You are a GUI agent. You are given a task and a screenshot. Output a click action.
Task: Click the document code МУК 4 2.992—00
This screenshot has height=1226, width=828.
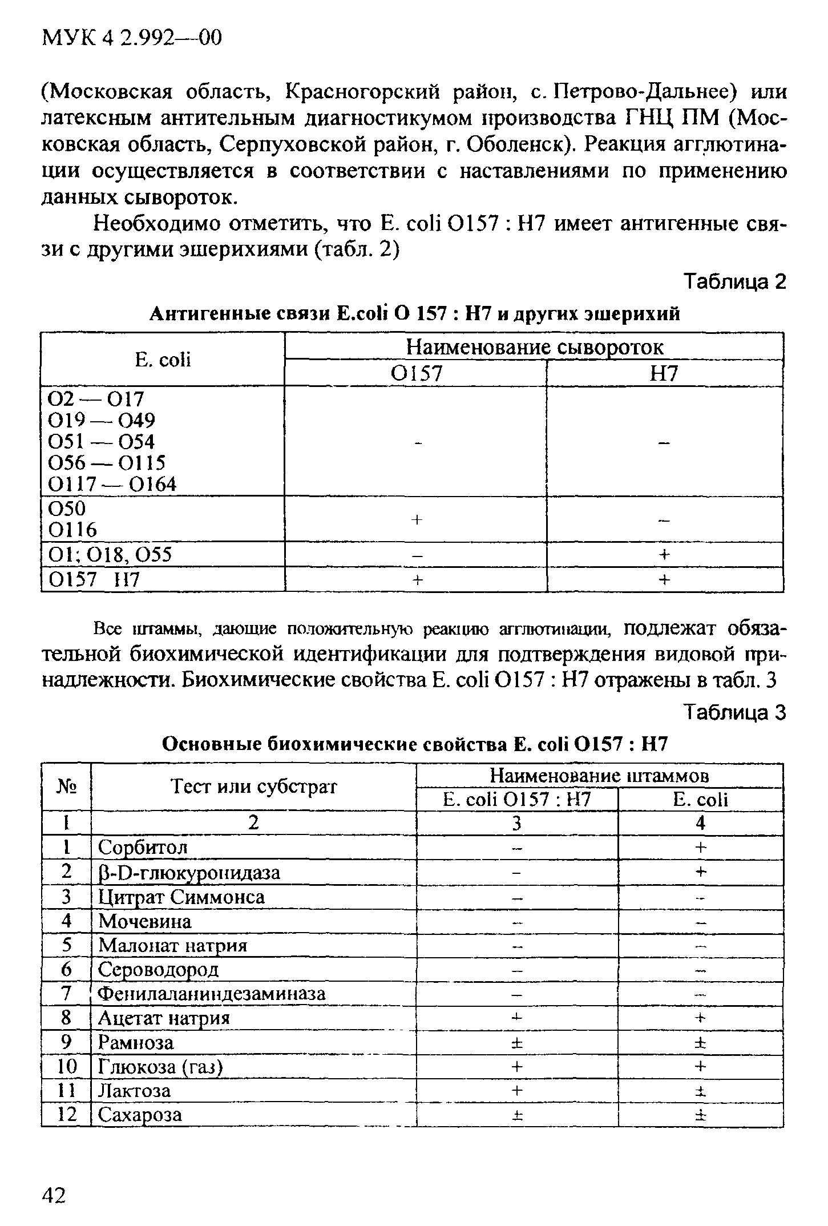(132, 39)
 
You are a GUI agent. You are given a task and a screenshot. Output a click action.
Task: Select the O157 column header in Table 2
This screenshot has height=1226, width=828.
(416, 373)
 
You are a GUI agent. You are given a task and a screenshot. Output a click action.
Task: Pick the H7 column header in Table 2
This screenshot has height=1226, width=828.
(664, 373)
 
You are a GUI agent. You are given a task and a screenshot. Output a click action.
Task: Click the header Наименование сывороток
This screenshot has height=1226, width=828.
(534, 347)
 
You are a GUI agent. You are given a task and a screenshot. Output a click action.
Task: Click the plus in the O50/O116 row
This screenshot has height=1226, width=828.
(417, 519)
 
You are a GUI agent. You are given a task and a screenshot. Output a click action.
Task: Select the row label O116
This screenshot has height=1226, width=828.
(72, 530)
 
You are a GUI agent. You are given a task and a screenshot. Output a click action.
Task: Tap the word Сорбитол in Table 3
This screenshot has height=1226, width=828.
(143, 847)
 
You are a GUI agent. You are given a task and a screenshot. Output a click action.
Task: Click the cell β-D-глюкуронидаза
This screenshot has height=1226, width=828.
(189, 872)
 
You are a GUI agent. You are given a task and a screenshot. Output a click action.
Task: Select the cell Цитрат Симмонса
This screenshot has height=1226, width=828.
(181, 897)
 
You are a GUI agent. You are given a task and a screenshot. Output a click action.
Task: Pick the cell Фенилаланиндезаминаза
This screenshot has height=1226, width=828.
(212, 994)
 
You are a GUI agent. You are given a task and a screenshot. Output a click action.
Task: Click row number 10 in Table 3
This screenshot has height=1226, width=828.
(67, 1066)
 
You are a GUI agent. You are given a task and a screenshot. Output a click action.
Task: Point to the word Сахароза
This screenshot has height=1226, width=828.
(140, 1114)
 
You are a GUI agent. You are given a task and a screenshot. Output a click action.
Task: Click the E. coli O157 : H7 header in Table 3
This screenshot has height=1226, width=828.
(517, 800)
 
